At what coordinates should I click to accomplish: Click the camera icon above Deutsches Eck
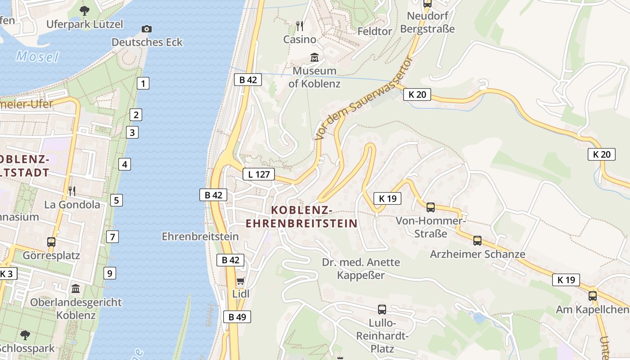(147, 29)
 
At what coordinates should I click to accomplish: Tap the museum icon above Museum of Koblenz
(315, 58)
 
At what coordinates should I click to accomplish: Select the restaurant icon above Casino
(300, 26)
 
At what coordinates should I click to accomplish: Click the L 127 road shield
(259, 174)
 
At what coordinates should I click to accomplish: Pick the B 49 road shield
(237, 317)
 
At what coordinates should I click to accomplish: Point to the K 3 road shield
(8, 274)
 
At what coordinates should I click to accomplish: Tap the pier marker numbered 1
(143, 83)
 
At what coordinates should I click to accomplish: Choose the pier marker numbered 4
(125, 164)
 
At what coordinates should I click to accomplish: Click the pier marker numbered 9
(109, 273)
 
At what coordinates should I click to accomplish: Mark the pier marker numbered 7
(112, 237)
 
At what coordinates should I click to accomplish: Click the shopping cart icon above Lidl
(240, 282)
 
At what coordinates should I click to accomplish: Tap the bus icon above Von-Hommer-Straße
(431, 207)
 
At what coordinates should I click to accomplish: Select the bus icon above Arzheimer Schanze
(477, 241)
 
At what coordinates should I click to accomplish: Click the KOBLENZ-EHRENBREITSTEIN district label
(301, 216)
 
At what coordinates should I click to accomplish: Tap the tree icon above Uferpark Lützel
(84, 11)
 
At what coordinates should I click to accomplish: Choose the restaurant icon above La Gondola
(72, 191)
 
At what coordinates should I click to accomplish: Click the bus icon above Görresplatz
(51, 242)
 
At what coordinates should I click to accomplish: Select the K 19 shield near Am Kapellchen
(566, 280)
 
